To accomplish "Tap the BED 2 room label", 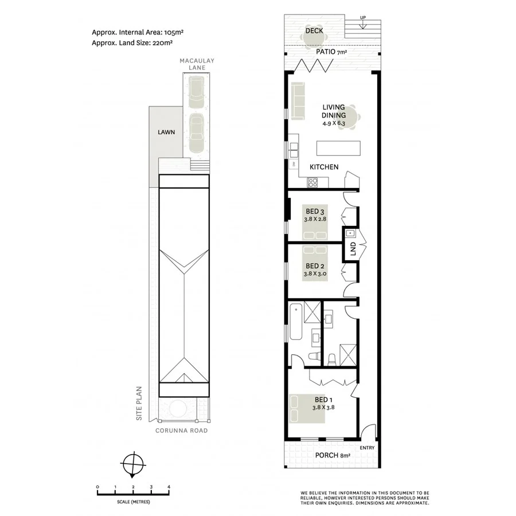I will pos(315,266).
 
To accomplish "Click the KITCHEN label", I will pos(324,167).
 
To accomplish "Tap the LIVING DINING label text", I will pos(333,111).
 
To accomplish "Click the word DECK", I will pos(314,30).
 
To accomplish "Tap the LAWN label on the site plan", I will pos(166,132).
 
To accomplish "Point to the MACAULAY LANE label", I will pos(193,64).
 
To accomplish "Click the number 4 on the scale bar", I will pos(169,487).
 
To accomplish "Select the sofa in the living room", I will pos(298,101).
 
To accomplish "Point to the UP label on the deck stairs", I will pos(362,17).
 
